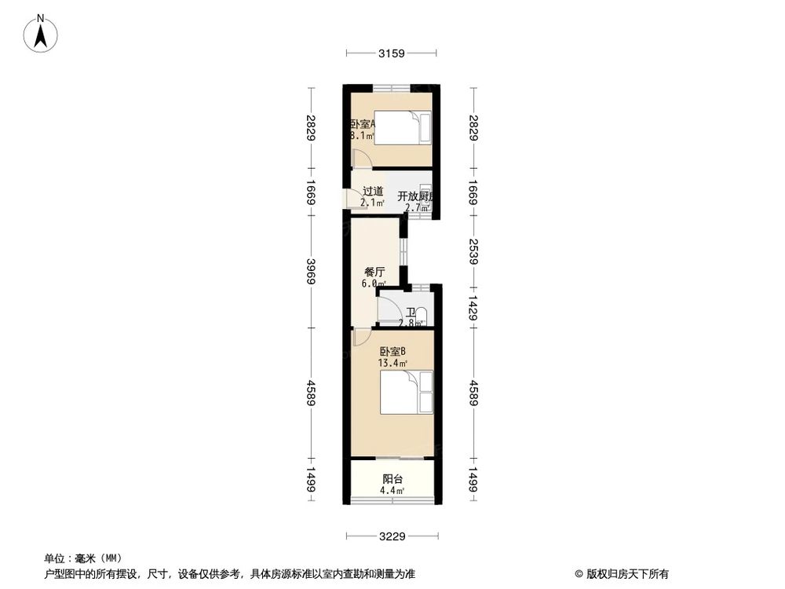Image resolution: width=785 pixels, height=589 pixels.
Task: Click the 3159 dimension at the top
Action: point(391,53)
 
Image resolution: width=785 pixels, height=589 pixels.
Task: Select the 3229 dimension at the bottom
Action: point(391,537)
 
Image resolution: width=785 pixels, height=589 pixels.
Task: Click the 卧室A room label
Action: point(363,123)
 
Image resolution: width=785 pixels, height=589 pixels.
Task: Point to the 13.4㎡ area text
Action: point(392,363)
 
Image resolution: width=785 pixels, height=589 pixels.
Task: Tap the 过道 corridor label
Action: point(373,191)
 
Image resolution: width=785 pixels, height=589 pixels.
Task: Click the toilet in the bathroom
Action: point(420,316)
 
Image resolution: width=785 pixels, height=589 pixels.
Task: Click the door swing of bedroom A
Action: point(360,157)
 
